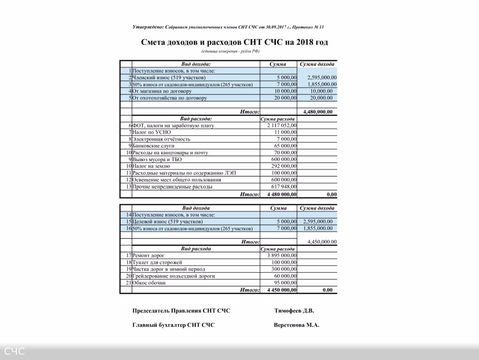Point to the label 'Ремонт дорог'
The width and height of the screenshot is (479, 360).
pyautogui.click(x=148, y=255)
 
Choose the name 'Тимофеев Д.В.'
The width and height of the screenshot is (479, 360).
pyautogui.click(x=294, y=311)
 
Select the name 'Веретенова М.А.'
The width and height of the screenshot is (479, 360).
pyautogui.click(x=296, y=325)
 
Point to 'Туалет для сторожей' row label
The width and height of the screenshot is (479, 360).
pyautogui.click(x=157, y=262)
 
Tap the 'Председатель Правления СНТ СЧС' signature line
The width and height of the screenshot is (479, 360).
pyautogui.click(x=181, y=311)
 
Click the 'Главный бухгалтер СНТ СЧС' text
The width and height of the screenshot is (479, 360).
pyautogui.click(x=173, y=325)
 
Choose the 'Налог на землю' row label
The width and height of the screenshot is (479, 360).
pyautogui.click(x=151, y=166)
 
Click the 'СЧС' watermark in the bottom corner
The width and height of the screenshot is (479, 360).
pyautogui.click(x=14, y=352)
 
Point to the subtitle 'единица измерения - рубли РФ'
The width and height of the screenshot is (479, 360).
pyautogui.click(x=231, y=52)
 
